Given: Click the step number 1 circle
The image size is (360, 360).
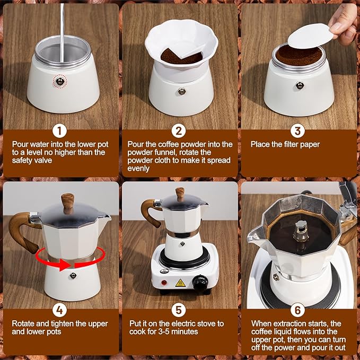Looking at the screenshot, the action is [x=60, y=131].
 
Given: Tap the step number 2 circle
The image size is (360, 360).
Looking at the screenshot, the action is [x=179, y=131].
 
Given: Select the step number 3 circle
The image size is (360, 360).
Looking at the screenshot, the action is [x=297, y=131].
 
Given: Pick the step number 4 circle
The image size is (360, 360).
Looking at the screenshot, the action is [x=60, y=310].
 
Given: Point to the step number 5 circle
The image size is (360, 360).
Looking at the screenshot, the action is [x=179, y=310].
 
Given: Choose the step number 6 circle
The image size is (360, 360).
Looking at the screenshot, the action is [x=297, y=310].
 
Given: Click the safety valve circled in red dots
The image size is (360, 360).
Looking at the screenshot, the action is [x=60, y=81].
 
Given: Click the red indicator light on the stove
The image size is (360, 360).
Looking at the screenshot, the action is [x=164, y=283].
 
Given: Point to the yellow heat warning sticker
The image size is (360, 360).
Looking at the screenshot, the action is [x=180, y=283].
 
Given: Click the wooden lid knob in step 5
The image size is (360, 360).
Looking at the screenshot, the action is [x=180, y=195].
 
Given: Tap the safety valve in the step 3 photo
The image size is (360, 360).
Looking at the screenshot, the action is [x=300, y=85].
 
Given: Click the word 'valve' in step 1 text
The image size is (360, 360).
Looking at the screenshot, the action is [x=43, y=160].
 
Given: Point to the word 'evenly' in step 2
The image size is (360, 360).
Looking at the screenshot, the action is [x=138, y=168].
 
